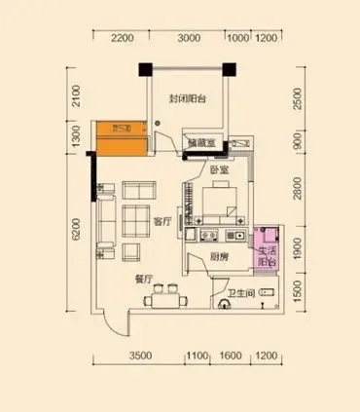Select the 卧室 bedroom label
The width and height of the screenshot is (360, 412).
218,169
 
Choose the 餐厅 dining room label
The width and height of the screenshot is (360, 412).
145,277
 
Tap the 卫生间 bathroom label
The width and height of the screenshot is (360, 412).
241,293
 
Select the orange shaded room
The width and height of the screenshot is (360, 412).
121,138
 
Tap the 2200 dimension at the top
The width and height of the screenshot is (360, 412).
122,39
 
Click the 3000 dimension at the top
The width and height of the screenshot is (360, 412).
189,39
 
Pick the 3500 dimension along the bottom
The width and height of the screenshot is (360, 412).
140,356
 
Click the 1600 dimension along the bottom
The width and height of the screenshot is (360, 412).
230,356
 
